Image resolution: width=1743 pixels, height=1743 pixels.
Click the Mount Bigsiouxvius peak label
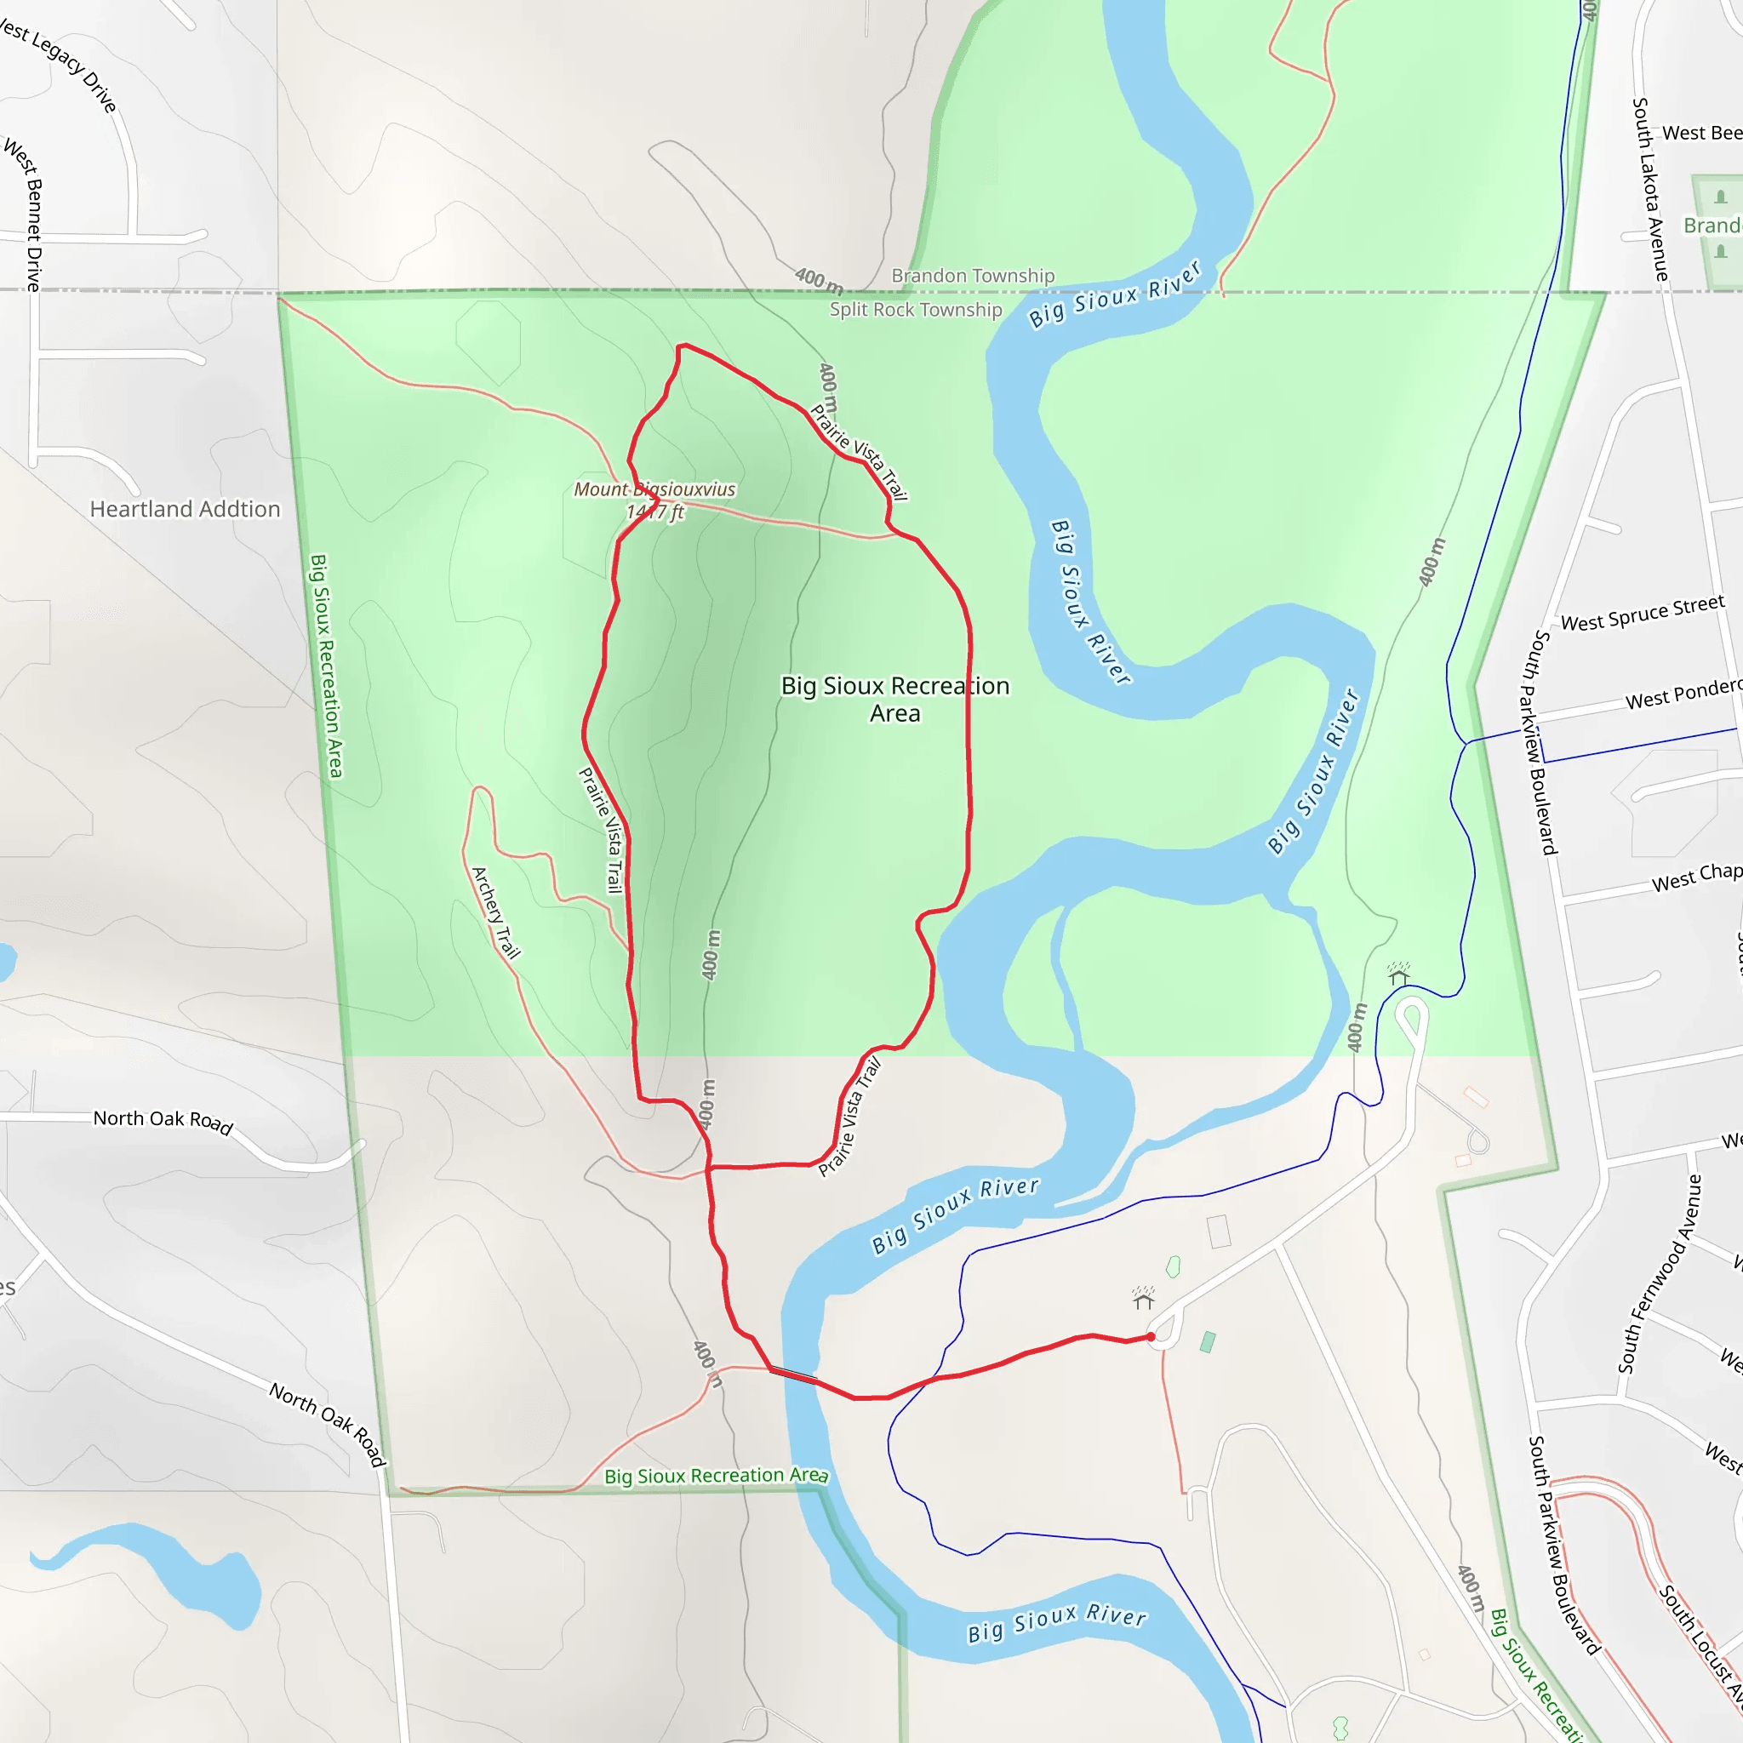click(655, 490)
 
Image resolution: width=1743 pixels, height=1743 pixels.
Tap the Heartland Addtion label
click(185, 510)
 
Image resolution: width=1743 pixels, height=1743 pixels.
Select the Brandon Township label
click(973, 276)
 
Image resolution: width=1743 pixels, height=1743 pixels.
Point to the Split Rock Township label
click(916, 311)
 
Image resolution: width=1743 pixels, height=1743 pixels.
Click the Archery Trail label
click(496, 912)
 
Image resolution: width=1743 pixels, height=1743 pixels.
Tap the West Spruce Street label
click(1642, 614)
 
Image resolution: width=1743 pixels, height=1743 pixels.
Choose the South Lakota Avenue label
click(1650, 190)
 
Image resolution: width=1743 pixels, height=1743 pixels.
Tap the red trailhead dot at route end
click(1152, 1337)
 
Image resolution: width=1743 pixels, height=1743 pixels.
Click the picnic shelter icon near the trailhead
click(1143, 1298)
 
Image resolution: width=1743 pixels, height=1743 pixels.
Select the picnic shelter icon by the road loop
click(1398, 974)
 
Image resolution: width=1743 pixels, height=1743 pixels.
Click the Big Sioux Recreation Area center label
click(895, 700)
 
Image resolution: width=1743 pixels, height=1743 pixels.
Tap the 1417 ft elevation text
click(655, 512)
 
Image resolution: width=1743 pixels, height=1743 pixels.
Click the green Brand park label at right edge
click(1712, 226)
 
